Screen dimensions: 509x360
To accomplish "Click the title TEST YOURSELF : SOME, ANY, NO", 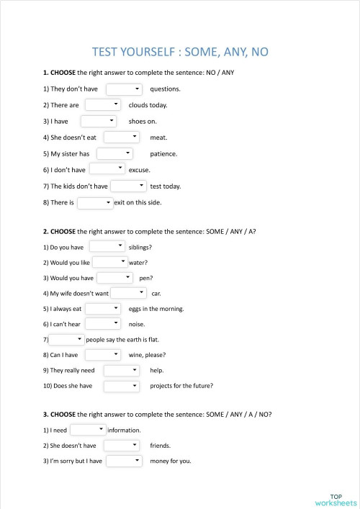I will pyautogui.click(x=180, y=52).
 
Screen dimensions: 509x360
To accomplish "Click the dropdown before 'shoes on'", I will pyautogui.click(x=99, y=121).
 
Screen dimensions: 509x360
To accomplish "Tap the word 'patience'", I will pyautogui.click(x=163, y=153).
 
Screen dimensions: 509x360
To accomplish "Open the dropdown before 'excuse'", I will pyautogui.click(x=108, y=169).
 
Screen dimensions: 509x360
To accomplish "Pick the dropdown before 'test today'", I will pyautogui.click(x=128, y=186).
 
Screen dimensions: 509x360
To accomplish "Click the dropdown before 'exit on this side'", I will pyautogui.click(x=95, y=203).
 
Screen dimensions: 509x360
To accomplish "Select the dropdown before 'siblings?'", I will pyautogui.click(x=107, y=247).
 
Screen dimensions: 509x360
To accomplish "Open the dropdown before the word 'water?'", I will pyautogui.click(x=110, y=263).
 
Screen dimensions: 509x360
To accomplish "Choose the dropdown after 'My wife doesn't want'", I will pyautogui.click(x=129, y=293).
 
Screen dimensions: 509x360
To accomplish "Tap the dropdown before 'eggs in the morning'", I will pyautogui.click(x=103, y=309).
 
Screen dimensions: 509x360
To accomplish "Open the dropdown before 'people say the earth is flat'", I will pyautogui.click(x=67, y=339).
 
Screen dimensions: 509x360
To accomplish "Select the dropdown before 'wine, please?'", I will pyautogui.click(x=103, y=355).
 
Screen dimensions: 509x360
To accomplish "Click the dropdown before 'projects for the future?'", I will pyautogui.click(x=121, y=386).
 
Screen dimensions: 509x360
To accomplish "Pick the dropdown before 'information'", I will pyautogui.click(x=88, y=430).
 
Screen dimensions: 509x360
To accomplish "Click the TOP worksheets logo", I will pyautogui.click(x=336, y=500).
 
